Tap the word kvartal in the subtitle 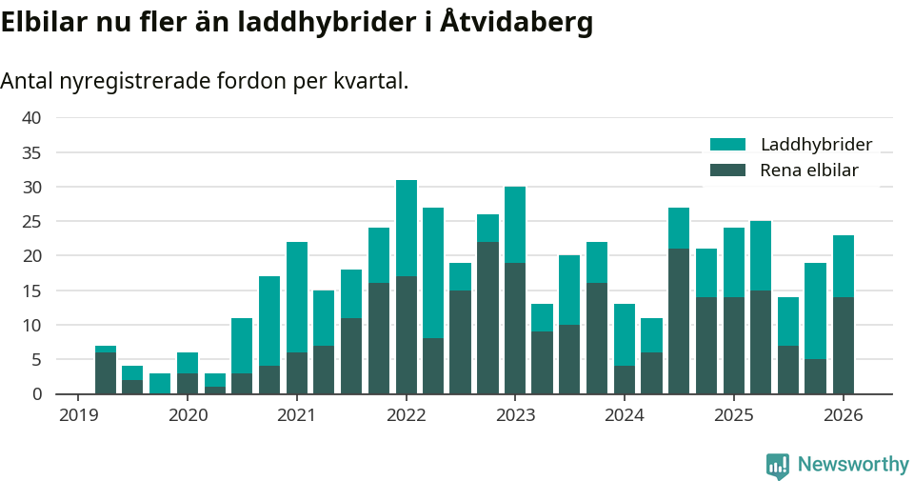coord(370,82)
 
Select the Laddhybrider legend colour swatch coord(727,145)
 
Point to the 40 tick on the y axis coord(31,118)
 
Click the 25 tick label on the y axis coord(31,222)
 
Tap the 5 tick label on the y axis coord(36,360)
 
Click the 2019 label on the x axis coord(79,416)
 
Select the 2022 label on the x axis coord(407,416)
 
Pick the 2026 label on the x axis coord(844,416)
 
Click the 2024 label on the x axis coord(625,416)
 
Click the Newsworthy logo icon coord(778,466)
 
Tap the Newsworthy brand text coord(853,465)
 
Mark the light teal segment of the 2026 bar coord(844,266)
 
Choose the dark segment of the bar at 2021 coord(297,372)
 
